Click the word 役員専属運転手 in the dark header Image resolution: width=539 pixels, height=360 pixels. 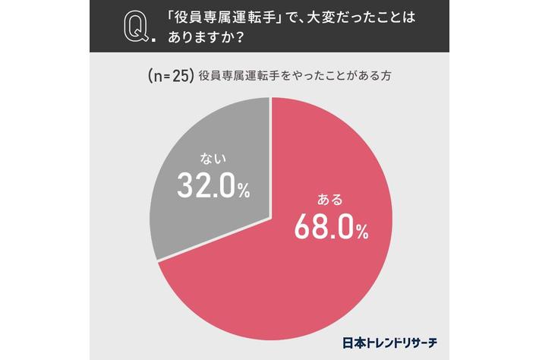(x=225, y=17)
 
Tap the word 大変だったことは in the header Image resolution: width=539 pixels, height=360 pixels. (x=361, y=17)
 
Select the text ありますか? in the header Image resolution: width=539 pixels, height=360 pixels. (x=206, y=37)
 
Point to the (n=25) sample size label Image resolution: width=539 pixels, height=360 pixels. (x=169, y=76)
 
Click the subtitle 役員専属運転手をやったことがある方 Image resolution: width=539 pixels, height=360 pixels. (x=295, y=76)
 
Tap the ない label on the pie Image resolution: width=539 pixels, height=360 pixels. (x=213, y=159)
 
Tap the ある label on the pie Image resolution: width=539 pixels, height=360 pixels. (x=330, y=200)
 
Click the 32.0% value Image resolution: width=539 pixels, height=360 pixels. (x=213, y=185)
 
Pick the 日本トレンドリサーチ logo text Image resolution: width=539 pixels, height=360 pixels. (x=389, y=343)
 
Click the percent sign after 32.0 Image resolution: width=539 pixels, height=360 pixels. (x=244, y=191)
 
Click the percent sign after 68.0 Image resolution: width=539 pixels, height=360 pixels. (x=362, y=232)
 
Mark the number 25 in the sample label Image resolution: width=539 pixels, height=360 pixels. (x=181, y=76)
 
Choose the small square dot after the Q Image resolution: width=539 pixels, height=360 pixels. (x=153, y=39)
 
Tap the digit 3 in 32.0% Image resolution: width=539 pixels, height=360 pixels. (x=185, y=185)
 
